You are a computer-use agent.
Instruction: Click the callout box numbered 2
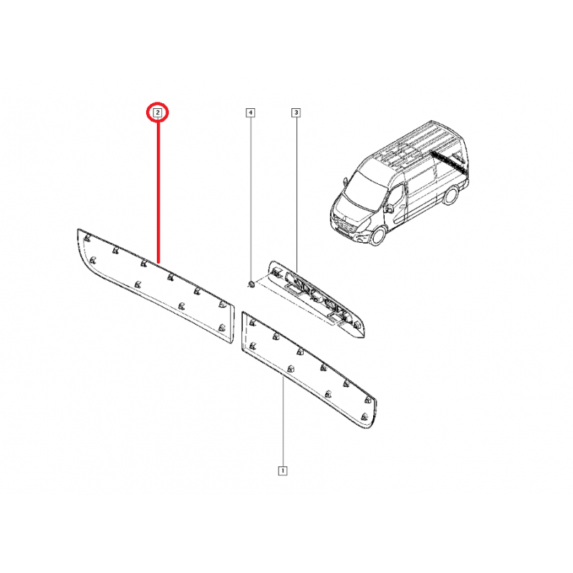click(158, 112)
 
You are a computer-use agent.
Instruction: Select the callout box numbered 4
click(250, 112)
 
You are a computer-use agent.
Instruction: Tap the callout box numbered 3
click(296, 112)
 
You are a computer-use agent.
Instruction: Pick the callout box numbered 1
click(282, 471)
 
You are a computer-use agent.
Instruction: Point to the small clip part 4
click(251, 284)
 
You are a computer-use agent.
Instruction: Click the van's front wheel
click(378, 236)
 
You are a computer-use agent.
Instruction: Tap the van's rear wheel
click(451, 196)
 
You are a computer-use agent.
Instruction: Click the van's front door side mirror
click(388, 208)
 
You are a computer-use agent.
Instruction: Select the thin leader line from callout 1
click(283, 422)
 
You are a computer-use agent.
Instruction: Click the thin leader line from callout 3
click(297, 194)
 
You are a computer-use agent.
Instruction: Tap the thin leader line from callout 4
click(251, 198)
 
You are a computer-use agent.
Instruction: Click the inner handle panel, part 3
click(317, 299)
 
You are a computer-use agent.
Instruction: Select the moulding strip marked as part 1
click(309, 369)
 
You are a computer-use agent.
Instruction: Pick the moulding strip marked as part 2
click(156, 286)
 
